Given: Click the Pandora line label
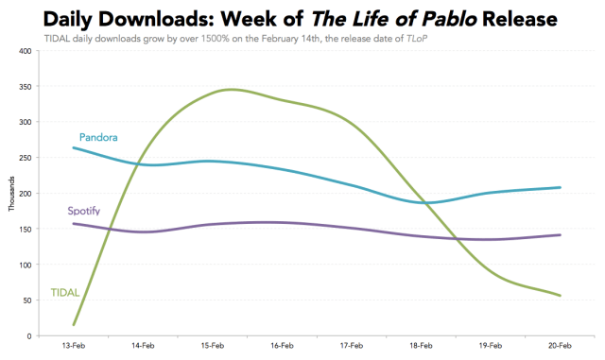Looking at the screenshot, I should click(x=98, y=138).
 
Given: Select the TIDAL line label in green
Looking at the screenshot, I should click(x=63, y=294).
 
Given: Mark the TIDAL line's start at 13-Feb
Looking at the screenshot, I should click(x=74, y=325).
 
